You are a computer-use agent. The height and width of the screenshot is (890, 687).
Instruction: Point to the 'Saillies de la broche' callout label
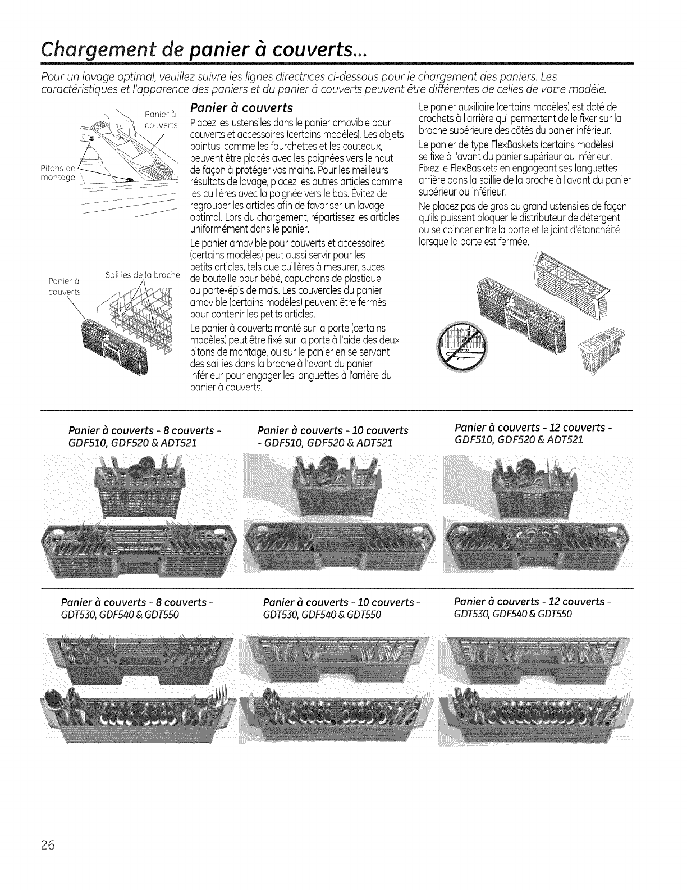[141, 275]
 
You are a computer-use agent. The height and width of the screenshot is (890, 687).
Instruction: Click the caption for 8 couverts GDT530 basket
[141, 609]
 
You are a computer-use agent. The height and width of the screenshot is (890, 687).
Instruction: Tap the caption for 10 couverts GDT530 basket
[342, 609]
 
